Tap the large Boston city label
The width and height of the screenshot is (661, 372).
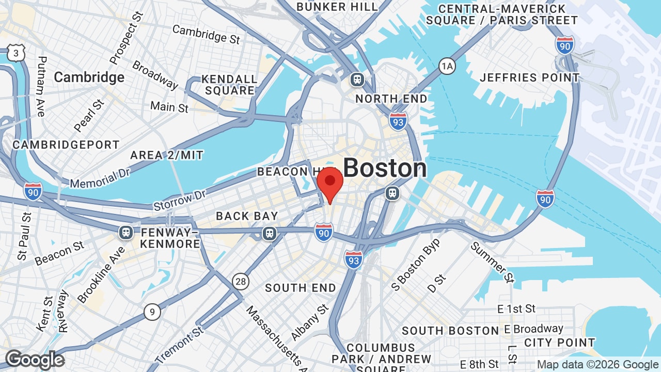[x=385, y=168]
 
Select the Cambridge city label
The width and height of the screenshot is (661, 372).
[x=89, y=78]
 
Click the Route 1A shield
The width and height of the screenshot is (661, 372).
[x=447, y=66]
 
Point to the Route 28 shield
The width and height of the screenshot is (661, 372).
[x=241, y=281]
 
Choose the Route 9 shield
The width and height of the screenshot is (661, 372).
[x=152, y=312]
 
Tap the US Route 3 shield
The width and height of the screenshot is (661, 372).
[x=16, y=53]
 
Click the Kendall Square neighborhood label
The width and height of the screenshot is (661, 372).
[x=229, y=85]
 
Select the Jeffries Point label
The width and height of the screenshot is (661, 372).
[x=530, y=78]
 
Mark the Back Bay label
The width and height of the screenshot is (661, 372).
[x=247, y=216]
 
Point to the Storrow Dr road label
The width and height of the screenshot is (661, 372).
[x=180, y=200]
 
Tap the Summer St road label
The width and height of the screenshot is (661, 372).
[x=492, y=262]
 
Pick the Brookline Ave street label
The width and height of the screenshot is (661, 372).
[x=101, y=275]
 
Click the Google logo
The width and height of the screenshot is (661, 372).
[x=35, y=360]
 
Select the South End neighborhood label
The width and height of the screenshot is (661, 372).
[x=301, y=288]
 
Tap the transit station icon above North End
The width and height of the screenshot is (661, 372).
[x=357, y=80]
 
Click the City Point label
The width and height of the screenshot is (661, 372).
[x=559, y=343]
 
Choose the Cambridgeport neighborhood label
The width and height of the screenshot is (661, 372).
[x=66, y=145]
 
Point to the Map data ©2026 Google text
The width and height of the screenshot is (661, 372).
[x=597, y=365]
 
